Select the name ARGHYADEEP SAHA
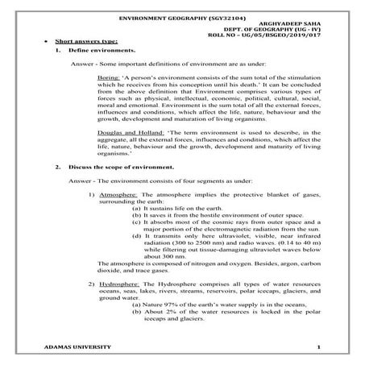click(294, 23)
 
